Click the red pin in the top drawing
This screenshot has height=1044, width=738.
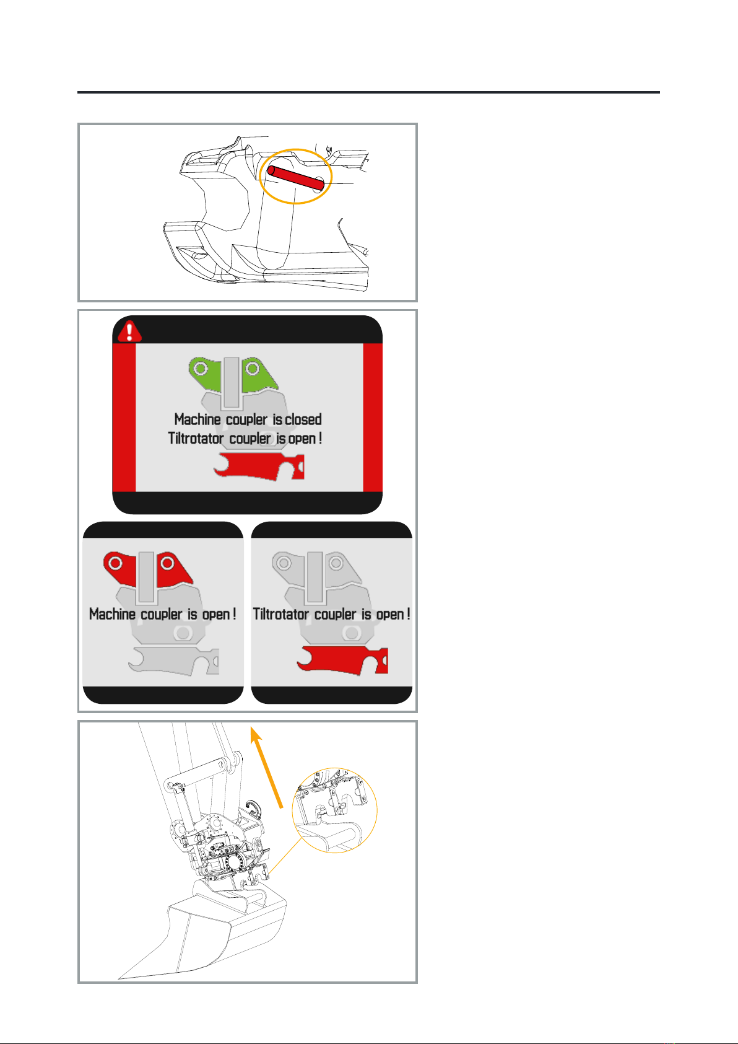296,178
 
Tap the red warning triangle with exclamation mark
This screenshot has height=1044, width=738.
129,331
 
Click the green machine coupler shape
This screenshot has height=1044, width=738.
233,375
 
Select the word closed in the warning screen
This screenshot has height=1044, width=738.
303,419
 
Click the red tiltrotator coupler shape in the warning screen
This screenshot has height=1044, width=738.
259,466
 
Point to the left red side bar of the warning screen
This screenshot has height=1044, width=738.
124,417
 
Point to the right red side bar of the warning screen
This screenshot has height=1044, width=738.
373,417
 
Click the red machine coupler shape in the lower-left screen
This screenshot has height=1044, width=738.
147,569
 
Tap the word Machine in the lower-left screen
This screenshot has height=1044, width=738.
112,614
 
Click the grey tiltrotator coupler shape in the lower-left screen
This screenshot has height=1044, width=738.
173,661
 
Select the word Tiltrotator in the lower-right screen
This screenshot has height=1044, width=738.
280,614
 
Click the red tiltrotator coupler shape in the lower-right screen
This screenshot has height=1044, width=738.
342,660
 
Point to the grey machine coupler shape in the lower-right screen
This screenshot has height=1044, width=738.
316,569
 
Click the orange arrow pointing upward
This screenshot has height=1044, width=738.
267,767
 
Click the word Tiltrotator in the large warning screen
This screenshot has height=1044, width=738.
196,439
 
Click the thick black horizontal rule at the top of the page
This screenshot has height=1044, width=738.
369,92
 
